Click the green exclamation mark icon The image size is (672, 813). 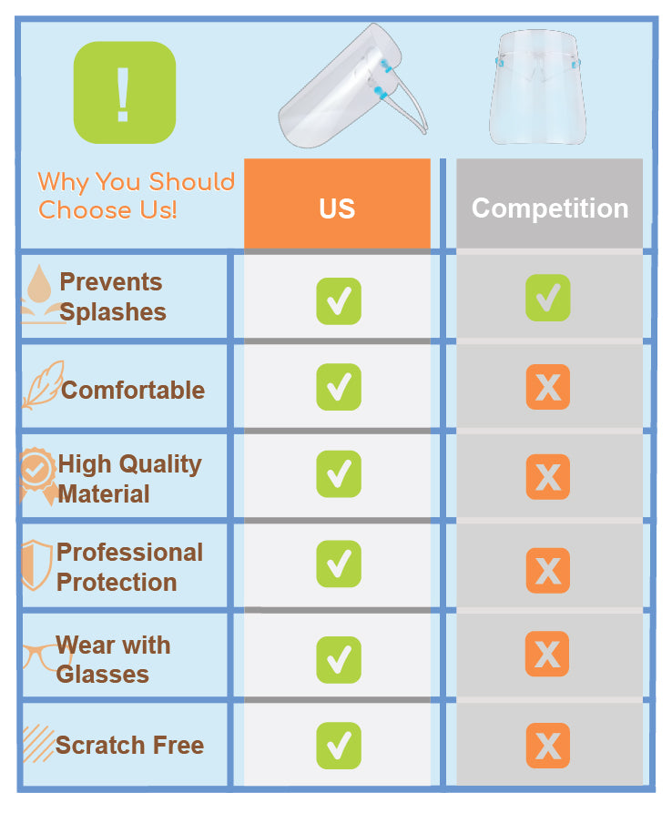point(124,92)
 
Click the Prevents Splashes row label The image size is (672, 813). point(112,297)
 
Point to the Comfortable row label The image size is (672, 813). point(133,390)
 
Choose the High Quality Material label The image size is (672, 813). point(129,478)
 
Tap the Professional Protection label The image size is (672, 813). point(129,566)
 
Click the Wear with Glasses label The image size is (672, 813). point(113,659)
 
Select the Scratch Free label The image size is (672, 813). point(129,745)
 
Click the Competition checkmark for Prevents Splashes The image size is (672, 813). point(548,298)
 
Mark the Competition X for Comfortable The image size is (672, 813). point(548,387)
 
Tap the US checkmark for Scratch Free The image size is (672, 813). point(339,745)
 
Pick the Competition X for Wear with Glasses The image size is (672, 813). point(547,654)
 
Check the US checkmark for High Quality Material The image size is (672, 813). point(339,473)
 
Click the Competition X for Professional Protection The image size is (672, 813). point(548,571)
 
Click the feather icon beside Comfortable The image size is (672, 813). point(42,386)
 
